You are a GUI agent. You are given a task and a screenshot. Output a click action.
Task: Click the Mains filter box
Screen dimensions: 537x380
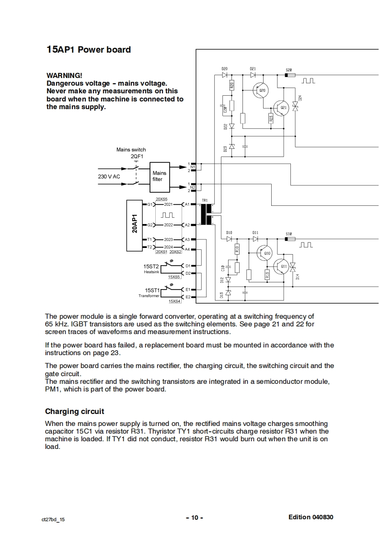[160, 176]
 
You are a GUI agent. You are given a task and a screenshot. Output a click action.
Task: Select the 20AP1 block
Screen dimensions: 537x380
[136, 224]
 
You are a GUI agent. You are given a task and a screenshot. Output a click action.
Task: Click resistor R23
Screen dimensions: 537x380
[271, 118]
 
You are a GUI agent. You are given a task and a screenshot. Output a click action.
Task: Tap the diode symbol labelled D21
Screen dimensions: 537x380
[253, 75]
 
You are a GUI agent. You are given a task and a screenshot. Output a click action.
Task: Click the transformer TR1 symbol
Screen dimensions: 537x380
[207, 214]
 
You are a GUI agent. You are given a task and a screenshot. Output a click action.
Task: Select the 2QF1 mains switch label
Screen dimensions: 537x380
[138, 157]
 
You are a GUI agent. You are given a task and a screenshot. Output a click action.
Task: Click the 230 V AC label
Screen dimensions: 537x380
[109, 177]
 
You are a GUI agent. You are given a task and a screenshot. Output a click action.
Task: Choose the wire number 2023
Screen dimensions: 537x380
[168, 239]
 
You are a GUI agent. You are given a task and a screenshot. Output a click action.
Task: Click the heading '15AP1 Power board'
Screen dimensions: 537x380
[88, 50]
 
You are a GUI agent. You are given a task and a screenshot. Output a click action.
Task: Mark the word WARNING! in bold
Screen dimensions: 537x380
[64, 76]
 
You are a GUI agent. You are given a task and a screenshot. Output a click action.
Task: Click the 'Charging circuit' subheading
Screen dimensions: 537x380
[74, 412]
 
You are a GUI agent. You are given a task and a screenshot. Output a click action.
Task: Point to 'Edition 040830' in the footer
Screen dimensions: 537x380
[311, 517]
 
